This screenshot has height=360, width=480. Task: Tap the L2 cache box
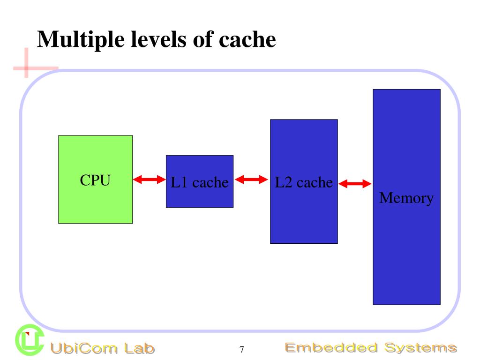[x=303, y=216]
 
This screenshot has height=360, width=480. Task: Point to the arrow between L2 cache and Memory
[x=354, y=184]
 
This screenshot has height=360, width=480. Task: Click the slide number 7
[x=242, y=349]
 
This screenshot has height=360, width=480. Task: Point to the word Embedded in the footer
[x=330, y=348]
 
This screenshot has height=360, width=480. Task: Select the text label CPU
[x=95, y=180]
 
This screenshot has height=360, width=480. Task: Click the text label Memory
[x=406, y=198]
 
